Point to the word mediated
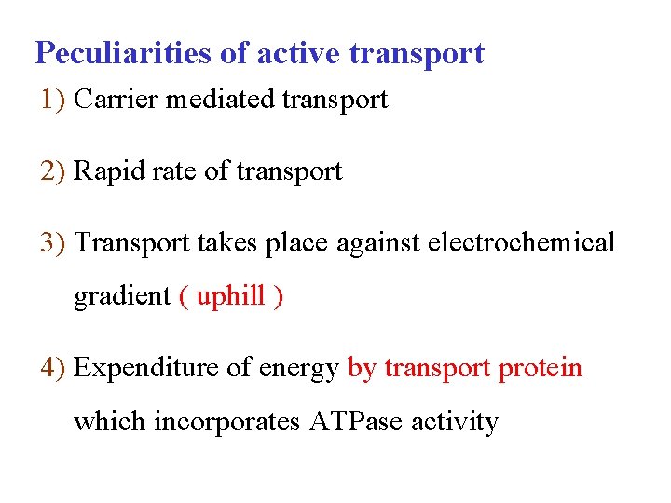click(208, 99)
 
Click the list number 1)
click(53, 99)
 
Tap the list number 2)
click(53, 171)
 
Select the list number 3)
click(53, 243)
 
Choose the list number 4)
click(53, 368)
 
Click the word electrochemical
click(521, 243)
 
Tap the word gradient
click(122, 297)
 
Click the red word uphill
click(231, 297)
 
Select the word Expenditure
click(143, 369)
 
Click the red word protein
click(541, 369)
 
